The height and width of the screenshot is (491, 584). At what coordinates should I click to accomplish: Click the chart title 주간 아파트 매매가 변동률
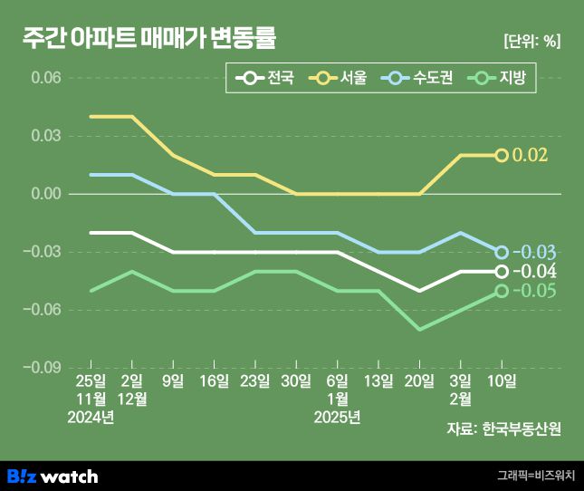pos(149,39)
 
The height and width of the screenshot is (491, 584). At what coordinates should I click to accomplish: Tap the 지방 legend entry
pos(499,79)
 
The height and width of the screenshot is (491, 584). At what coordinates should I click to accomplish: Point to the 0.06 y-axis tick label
pos(45,78)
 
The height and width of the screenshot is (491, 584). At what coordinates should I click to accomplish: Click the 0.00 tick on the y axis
pos(45,194)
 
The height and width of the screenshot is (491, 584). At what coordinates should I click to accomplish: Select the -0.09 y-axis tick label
pos(43,368)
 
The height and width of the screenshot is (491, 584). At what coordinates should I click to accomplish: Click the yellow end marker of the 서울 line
pos(501,155)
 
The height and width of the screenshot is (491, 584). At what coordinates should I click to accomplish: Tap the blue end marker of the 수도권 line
pos(501,252)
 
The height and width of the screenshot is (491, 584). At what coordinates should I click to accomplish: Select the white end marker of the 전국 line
pos(501,272)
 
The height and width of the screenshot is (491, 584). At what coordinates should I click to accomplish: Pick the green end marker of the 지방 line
pos(501,291)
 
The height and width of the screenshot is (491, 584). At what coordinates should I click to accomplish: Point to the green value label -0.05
pos(533,291)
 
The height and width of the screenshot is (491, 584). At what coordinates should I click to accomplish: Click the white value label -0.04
pos(533,272)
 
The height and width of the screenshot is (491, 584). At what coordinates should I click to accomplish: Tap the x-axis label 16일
pos(214,381)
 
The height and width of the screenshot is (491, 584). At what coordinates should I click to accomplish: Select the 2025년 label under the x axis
pos(337,417)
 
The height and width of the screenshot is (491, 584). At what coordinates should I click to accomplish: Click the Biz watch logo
pos(53,476)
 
